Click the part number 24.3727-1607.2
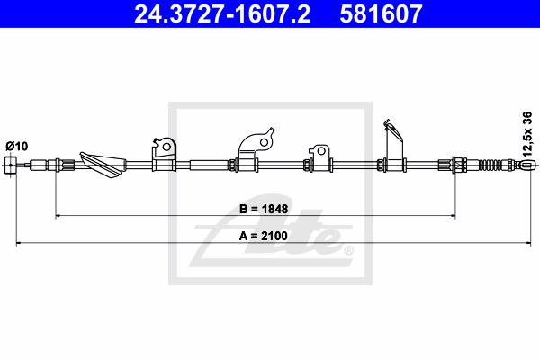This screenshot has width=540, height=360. pos(222,13)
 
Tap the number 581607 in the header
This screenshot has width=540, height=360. pos(381,13)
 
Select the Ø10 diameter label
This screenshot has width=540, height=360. pos(16,147)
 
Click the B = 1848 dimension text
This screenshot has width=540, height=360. pos(264,209)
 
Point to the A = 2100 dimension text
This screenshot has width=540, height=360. pos(264,236)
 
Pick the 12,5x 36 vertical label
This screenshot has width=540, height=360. pos(527,135)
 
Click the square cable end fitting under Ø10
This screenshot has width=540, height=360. pos(11,165)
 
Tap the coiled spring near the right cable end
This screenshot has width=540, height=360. pos(490,165)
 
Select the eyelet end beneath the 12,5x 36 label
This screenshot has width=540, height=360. pos(526,165)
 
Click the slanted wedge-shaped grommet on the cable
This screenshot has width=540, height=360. pos(103,165)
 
